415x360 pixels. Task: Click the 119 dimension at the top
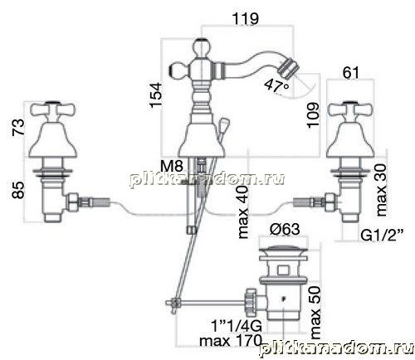pos(246,19)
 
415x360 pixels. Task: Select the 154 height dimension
pos(156,95)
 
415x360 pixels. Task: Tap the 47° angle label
pos(276,85)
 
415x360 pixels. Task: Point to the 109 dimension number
pos(313,115)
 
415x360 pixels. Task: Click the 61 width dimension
pos(350,73)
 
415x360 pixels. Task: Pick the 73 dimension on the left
pos(18,127)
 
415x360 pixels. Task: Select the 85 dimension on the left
pos(18,190)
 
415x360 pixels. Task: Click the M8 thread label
pos(172,167)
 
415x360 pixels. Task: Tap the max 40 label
pos(243,212)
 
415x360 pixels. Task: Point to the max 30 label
pos(381,190)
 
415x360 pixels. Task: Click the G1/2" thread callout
pos(382,236)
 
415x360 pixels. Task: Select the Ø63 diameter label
pos(285,229)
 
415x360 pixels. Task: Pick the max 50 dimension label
pos(315,313)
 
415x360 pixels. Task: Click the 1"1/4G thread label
pos(237,326)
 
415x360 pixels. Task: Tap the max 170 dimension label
pos(231,340)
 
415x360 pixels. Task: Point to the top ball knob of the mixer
pos(202,47)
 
